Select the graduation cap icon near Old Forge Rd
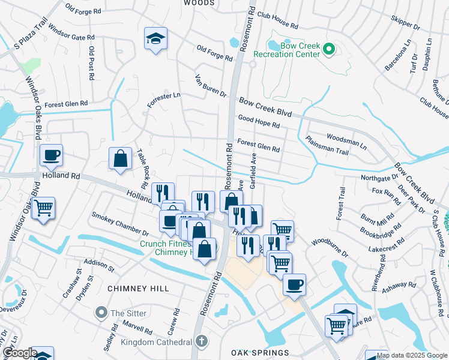(155, 39)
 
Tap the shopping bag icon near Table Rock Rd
(121, 159)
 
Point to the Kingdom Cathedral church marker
(202, 341)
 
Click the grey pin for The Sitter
(101, 313)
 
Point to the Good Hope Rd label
(259, 122)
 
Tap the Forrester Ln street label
(163, 101)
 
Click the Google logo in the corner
(19, 353)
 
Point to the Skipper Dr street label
(405, 22)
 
